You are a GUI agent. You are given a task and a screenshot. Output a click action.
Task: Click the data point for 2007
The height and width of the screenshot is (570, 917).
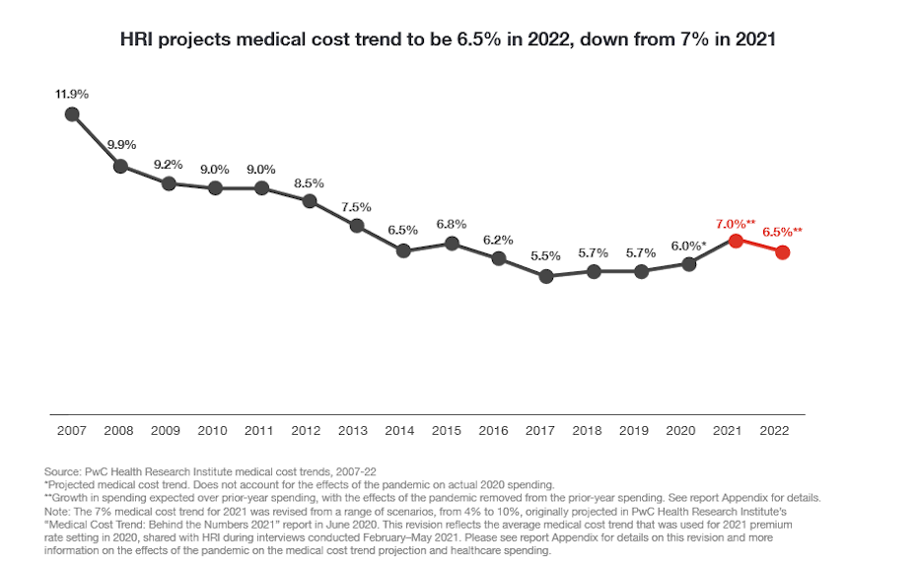pos(72,114)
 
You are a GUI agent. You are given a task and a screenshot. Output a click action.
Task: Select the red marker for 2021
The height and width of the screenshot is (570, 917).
pos(736,241)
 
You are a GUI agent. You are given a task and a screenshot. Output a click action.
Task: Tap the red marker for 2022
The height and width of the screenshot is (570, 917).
pos(783,252)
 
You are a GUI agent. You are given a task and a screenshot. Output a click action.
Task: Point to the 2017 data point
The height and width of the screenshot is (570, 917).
pos(546,276)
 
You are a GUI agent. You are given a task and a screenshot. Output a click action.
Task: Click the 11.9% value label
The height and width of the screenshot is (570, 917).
pos(72,94)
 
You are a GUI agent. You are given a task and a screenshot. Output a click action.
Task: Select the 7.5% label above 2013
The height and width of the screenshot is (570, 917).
pos(356,207)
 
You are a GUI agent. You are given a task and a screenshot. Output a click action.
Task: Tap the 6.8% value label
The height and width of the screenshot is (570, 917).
pos(451,224)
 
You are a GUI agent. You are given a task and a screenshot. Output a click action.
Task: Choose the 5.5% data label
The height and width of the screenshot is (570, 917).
pos(545,255)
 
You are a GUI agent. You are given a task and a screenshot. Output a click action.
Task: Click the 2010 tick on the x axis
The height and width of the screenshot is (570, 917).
pos(213,431)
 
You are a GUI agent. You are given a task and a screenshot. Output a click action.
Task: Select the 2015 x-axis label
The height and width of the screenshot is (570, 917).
pos(448,431)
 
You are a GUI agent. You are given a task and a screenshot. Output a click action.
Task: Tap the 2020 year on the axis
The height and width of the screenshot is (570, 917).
pos(682,431)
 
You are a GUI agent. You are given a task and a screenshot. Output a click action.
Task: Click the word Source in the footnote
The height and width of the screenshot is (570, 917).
pos(63,472)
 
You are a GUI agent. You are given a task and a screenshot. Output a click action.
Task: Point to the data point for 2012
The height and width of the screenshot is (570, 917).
pos(309,201)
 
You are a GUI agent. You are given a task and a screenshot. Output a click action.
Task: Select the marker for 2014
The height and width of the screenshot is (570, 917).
pos(403,250)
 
